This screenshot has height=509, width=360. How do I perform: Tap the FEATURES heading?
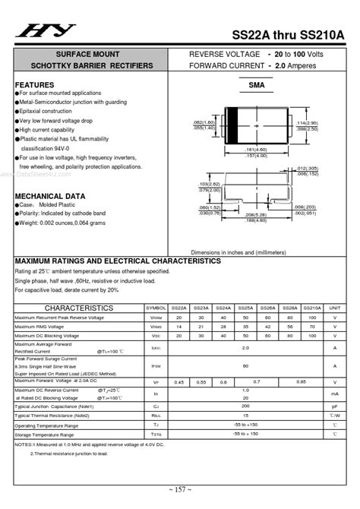click(x=35, y=84)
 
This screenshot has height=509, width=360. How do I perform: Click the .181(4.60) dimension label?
click(x=257, y=149)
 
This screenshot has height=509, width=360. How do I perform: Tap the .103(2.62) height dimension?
click(x=208, y=185)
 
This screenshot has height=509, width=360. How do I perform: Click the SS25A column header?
click(x=245, y=308)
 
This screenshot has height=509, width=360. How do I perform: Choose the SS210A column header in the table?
click(x=311, y=308)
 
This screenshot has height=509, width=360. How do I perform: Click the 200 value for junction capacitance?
click(x=245, y=406)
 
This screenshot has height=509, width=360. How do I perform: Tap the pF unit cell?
click(x=335, y=406)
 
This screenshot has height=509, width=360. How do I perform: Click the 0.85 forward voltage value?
click(x=301, y=382)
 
